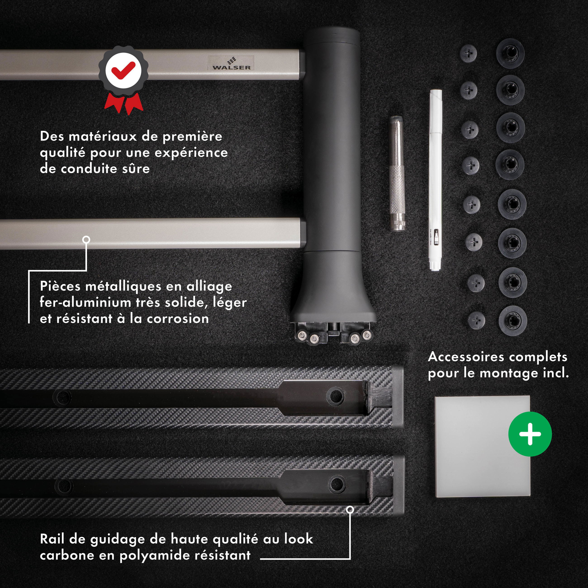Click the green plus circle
[530, 434]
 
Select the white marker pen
[436, 180]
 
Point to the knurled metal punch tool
[397, 173]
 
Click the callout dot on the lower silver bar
[86, 239]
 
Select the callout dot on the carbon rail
[350, 510]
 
